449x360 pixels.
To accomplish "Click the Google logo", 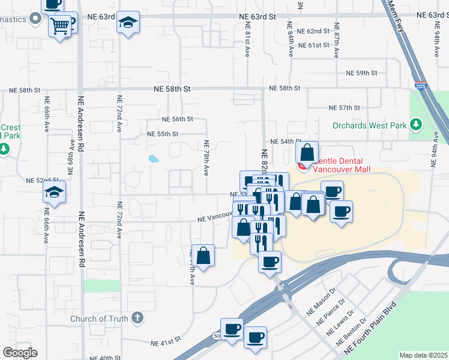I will tap(20, 353).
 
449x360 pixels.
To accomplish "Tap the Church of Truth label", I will tap(98, 319).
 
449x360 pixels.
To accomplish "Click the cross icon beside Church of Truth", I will tap(137, 317).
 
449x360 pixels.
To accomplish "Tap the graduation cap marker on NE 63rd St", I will tap(128, 23).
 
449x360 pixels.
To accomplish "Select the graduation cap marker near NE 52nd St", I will tap(54, 193).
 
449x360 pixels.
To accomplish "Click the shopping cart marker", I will tap(59, 26).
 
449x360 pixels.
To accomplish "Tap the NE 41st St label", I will tap(166, 343).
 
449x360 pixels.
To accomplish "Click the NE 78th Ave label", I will tap(206, 158).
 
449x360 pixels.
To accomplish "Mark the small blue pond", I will tap(154, 159).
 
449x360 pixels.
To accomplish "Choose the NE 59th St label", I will tap(361, 73).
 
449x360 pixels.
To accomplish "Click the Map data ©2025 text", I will tap(423, 355).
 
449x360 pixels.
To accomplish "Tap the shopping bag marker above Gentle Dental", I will tap(307, 153).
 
